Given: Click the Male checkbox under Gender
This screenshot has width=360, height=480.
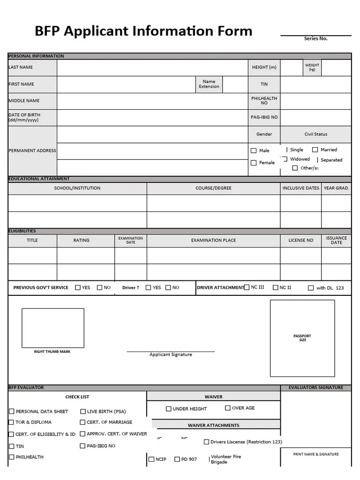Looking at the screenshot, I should [254, 150].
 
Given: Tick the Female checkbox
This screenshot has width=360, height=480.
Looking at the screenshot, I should [254, 163].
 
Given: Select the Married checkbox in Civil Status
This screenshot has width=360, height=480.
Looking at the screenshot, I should [315, 150].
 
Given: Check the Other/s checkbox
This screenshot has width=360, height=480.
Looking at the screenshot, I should [295, 168].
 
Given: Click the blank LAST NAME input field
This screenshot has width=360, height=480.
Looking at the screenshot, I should [152, 67].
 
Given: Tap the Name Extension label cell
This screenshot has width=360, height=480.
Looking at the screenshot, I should [209, 84].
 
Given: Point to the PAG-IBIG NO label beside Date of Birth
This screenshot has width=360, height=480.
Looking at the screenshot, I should [264, 117].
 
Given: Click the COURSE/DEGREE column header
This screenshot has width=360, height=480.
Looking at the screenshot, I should [213, 188].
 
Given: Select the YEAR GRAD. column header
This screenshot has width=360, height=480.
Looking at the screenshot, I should [336, 188].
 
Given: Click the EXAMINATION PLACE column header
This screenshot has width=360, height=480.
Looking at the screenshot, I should [213, 240].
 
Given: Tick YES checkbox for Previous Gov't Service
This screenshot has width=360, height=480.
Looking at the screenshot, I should [78, 287].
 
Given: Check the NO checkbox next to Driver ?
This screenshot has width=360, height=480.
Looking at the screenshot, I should [168, 287].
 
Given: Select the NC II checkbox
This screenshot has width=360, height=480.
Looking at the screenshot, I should [276, 287].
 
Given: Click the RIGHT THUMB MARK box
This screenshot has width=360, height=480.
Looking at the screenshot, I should [53, 328].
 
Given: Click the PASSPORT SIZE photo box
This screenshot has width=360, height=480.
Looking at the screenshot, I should [302, 338].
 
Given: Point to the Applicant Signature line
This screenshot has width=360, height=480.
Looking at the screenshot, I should [171, 352].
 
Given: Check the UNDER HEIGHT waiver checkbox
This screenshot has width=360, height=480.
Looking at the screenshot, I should [168, 409].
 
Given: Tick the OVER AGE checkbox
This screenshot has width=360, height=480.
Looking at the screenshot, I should [228, 408].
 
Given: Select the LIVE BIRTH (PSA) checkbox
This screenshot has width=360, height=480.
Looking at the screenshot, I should [83, 412].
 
